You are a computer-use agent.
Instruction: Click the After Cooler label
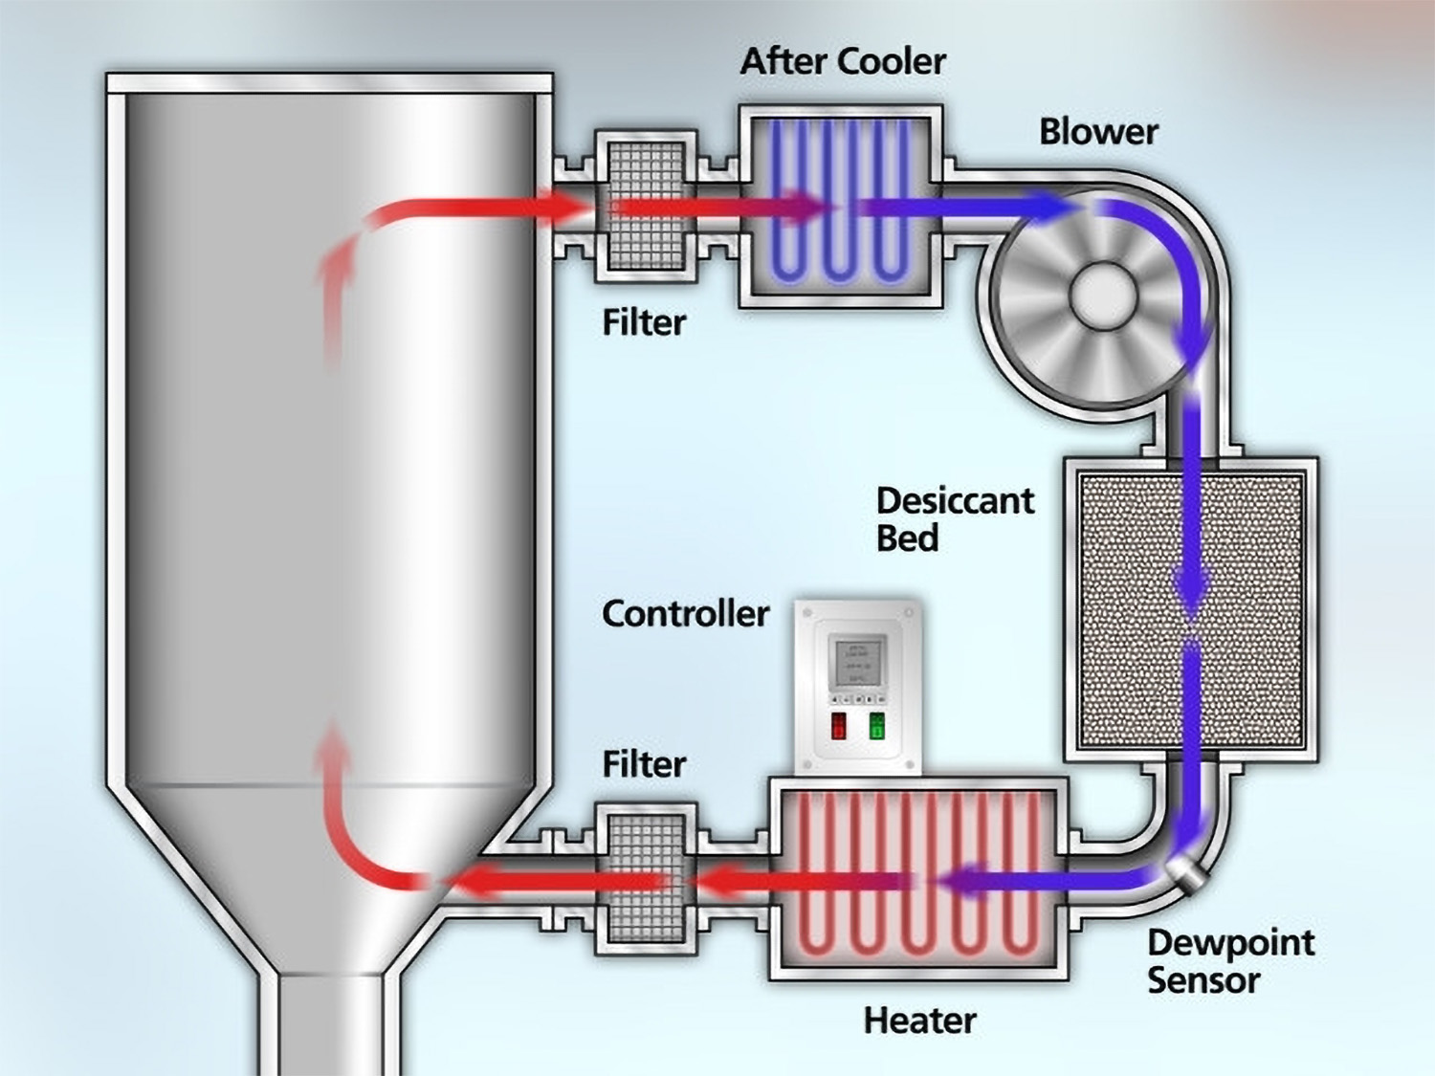(x=843, y=62)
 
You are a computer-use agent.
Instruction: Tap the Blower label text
(x=1098, y=132)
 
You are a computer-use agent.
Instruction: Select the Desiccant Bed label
(x=954, y=519)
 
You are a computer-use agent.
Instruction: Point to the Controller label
(x=685, y=614)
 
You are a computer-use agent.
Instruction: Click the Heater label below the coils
(x=919, y=1021)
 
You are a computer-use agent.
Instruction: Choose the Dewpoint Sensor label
(x=1230, y=961)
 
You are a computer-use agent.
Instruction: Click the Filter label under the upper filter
(x=644, y=323)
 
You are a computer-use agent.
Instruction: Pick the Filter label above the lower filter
(x=644, y=765)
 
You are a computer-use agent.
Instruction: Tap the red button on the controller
(x=839, y=726)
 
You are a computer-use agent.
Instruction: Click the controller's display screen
(x=858, y=663)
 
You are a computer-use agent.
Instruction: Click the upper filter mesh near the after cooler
(x=646, y=206)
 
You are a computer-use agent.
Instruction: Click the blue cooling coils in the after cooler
(x=840, y=206)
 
